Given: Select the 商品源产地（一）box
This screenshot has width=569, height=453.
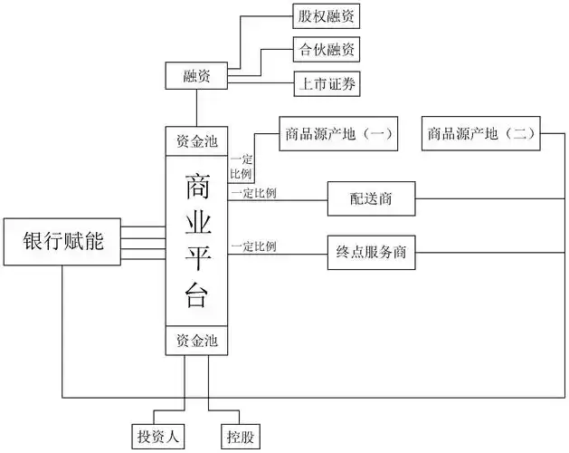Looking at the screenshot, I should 337,134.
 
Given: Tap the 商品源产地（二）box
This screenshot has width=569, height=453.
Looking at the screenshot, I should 479,134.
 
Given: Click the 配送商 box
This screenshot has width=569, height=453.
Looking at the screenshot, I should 371,198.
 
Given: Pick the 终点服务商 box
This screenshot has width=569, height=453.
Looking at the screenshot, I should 371,253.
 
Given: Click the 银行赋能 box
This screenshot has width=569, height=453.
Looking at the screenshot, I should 62,241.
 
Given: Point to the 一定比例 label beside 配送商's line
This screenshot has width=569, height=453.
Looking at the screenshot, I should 253,193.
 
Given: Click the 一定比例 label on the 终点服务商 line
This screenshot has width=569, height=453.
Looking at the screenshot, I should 253,246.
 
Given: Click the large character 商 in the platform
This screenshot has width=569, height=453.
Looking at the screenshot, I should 198,187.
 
